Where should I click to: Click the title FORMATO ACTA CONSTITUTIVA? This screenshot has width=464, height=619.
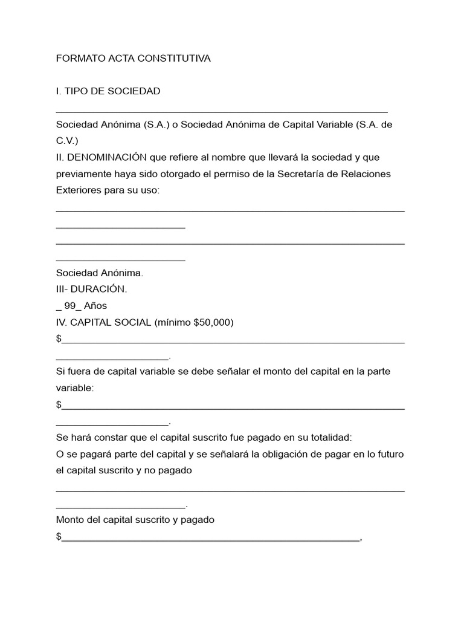134,59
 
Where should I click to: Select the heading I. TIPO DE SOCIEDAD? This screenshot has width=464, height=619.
108,91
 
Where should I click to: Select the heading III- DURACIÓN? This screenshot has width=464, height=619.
91,289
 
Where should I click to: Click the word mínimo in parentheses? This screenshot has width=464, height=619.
173,322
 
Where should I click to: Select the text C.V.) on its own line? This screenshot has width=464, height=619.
67,141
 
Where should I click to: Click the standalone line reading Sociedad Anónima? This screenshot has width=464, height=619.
100,273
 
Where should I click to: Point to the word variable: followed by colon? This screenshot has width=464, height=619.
75,387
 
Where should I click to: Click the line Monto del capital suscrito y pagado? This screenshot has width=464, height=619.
135,519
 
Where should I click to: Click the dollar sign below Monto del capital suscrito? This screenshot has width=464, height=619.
59,536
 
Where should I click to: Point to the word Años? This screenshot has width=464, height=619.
95,305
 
